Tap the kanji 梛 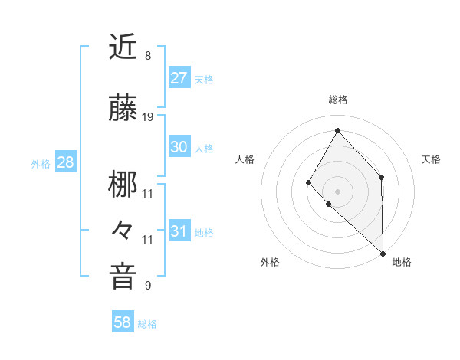tap(123, 183)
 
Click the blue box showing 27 tap(179, 78)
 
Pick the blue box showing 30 tap(179, 148)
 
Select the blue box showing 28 tap(65, 163)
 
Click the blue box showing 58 tap(123, 323)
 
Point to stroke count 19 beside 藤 tap(148, 116)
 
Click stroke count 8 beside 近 tap(148, 56)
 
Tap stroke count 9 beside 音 tap(148, 286)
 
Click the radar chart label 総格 tap(338, 100)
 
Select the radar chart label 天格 tap(431, 159)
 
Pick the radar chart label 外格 tap(270, 262)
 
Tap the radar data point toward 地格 tap(383, 253)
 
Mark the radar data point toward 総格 tap(337, 130)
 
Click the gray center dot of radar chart tap(337, 191)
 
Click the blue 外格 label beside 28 tap(41, 164)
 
